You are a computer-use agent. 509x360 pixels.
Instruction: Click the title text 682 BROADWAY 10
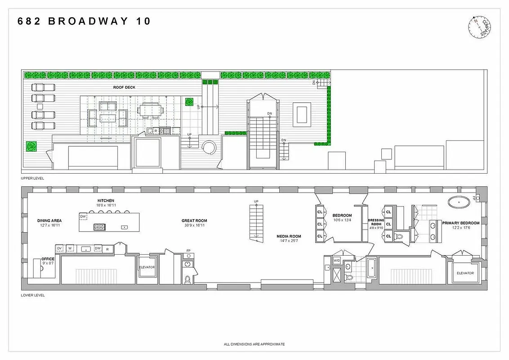[84, 21]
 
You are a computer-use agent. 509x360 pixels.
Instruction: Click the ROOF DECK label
[125, 87]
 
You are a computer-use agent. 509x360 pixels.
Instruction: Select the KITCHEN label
[106, 200]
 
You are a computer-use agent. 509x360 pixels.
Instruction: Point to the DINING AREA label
[50, 220]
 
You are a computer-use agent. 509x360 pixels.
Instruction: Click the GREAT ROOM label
[194, 220]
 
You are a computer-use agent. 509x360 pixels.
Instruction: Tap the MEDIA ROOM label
[289, 236]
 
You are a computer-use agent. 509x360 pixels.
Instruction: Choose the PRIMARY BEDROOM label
[460, 223]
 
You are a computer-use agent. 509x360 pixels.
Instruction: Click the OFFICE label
[48, 259]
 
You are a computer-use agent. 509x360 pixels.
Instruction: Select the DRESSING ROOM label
[375, 222]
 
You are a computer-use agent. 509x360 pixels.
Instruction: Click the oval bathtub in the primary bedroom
[459, 202]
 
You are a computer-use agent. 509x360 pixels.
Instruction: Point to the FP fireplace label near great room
[189, 251]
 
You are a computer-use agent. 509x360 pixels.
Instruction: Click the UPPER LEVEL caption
[32, 178]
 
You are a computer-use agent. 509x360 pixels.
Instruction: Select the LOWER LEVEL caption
[32, 296]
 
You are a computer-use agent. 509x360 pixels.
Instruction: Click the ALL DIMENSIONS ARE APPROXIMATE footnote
[254, 344]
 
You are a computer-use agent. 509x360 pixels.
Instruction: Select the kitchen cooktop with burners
[99, 227]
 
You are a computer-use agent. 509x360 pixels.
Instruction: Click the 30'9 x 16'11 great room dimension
[194, 225]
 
